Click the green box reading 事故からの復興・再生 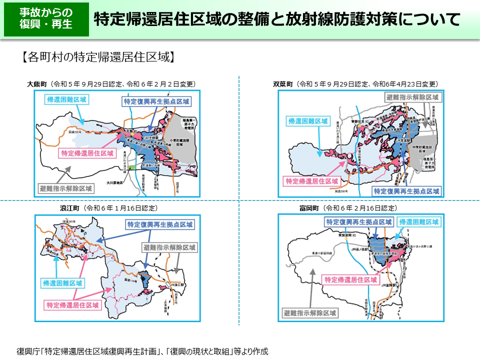[x=46, y=19]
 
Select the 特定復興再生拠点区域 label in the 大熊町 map [x=156, y=101]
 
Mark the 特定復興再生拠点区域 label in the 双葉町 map [x=407, y=191]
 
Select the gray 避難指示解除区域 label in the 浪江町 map [x=169, y=247]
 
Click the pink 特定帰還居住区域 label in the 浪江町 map [x=73, y=304]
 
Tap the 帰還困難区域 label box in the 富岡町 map [x=419, y=221]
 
